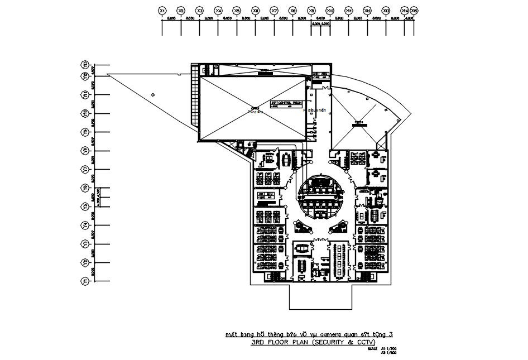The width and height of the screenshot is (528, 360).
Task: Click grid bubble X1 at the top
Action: coord(162,11)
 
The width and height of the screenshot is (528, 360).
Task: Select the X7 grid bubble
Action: coord(274,11)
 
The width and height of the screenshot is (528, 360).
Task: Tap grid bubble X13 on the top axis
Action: coord(386,11)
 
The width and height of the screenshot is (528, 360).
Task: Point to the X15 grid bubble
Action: coord(414,11)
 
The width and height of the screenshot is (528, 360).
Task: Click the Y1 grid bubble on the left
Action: coord(86,282)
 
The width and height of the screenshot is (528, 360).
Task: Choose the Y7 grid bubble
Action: coord(86,169)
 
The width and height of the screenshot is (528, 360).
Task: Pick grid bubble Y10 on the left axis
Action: coord(86,113)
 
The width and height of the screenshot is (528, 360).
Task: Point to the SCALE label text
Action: coord(372,349)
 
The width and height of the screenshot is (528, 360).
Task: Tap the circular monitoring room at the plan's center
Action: coord(320,198)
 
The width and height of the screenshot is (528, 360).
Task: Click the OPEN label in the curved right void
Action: coord(358,122)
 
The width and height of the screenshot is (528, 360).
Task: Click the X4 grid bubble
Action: coord(218,11)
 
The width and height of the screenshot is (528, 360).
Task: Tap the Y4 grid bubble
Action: coord(86,225)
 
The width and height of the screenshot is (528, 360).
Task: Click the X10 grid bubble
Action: coord(330,11)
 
